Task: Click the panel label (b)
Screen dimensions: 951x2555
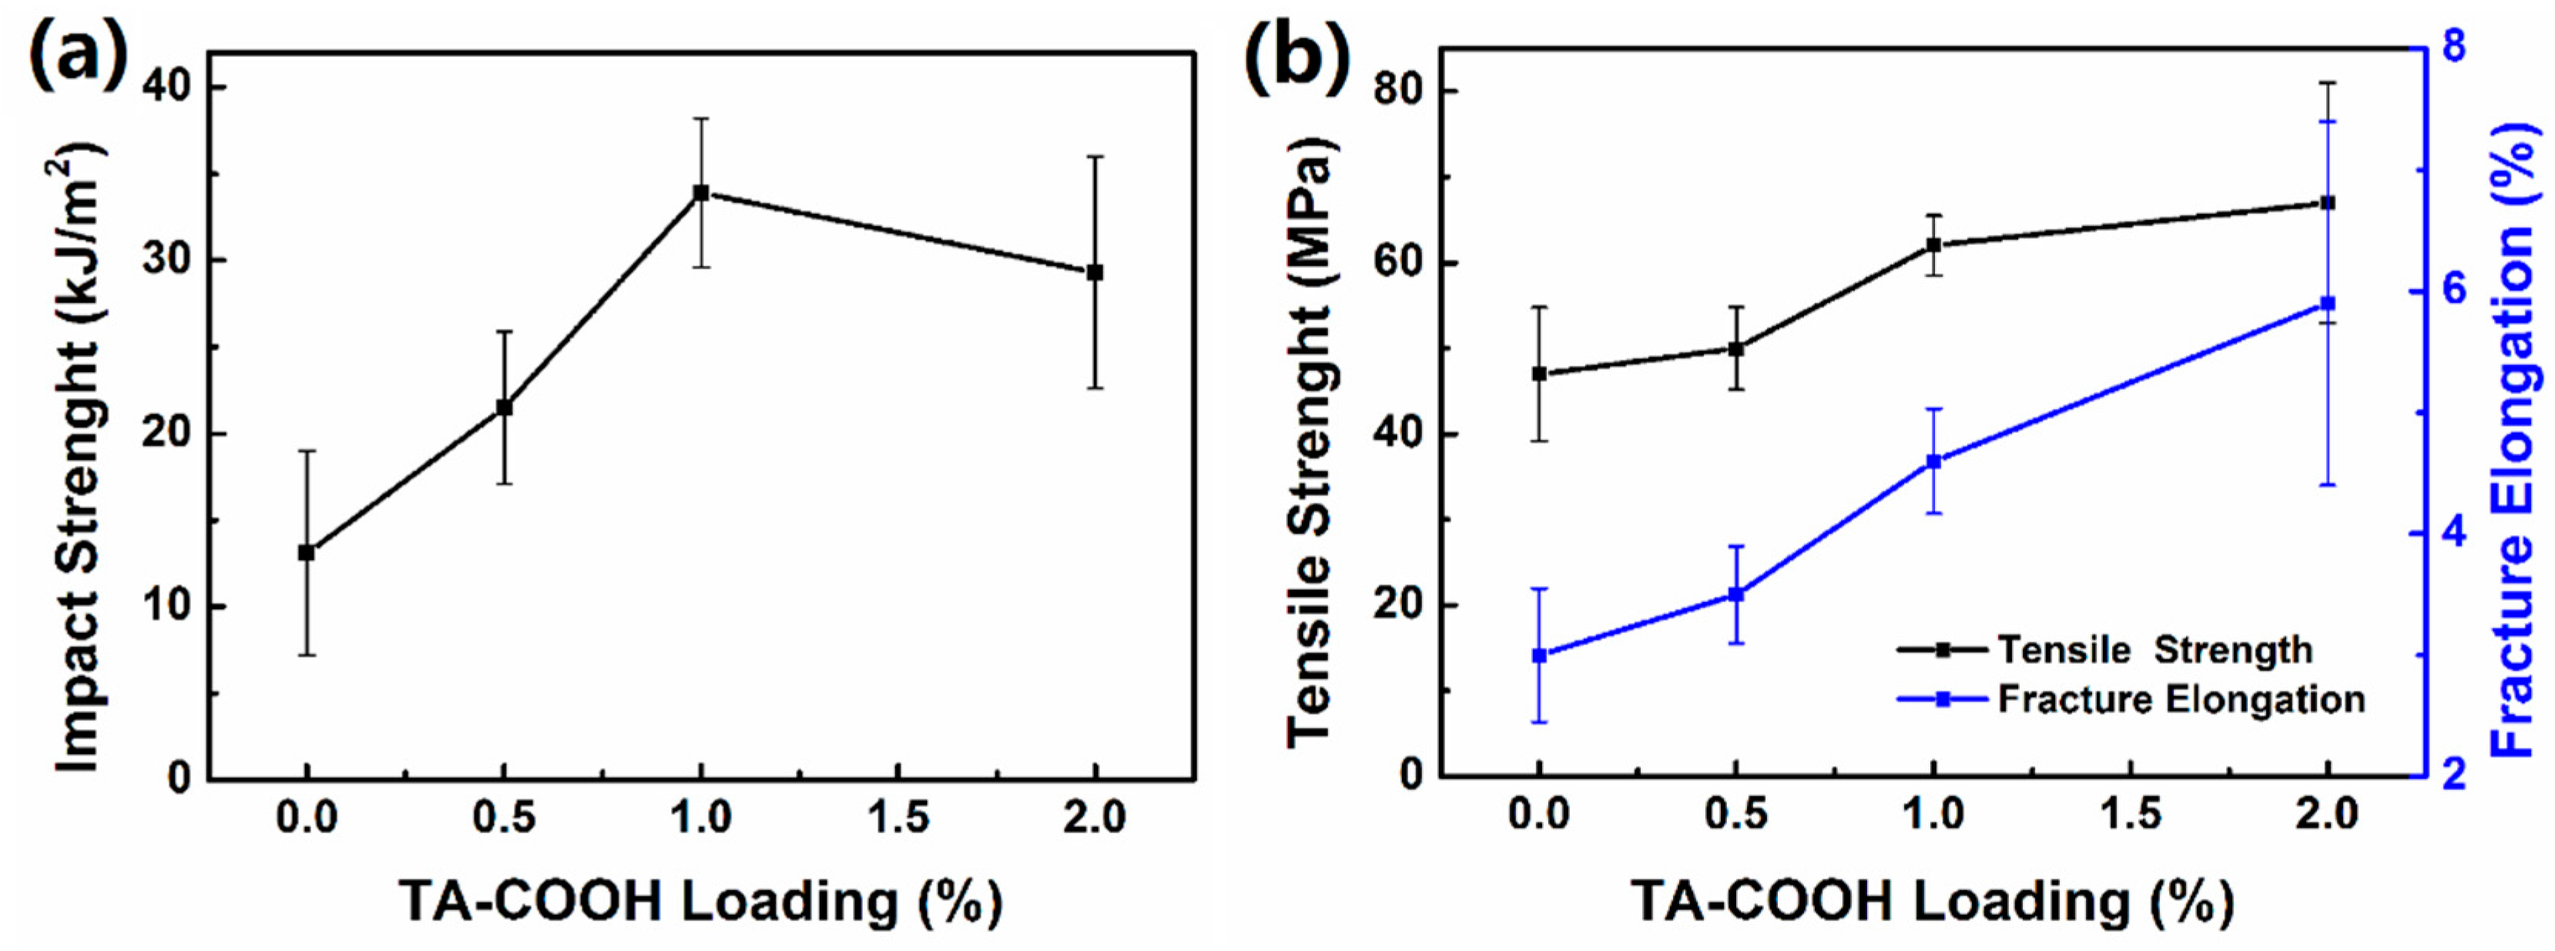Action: click(1297, 58)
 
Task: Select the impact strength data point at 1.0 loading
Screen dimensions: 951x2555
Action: click(701, 193)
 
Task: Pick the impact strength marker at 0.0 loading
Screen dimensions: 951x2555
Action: click(307, 552)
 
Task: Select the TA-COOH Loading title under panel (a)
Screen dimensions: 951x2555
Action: click(700, 902)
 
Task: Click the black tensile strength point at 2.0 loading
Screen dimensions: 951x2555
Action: click(2329, 203)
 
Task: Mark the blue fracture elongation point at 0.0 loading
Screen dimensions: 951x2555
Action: click(1539, 655)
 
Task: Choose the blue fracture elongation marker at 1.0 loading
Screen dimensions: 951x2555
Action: click(1934, 461)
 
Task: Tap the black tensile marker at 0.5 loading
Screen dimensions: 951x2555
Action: click(1735, 348)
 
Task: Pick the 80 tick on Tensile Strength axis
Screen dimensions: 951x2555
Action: click(1399, 91)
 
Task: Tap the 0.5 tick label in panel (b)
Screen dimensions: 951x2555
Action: click(1735, 815)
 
